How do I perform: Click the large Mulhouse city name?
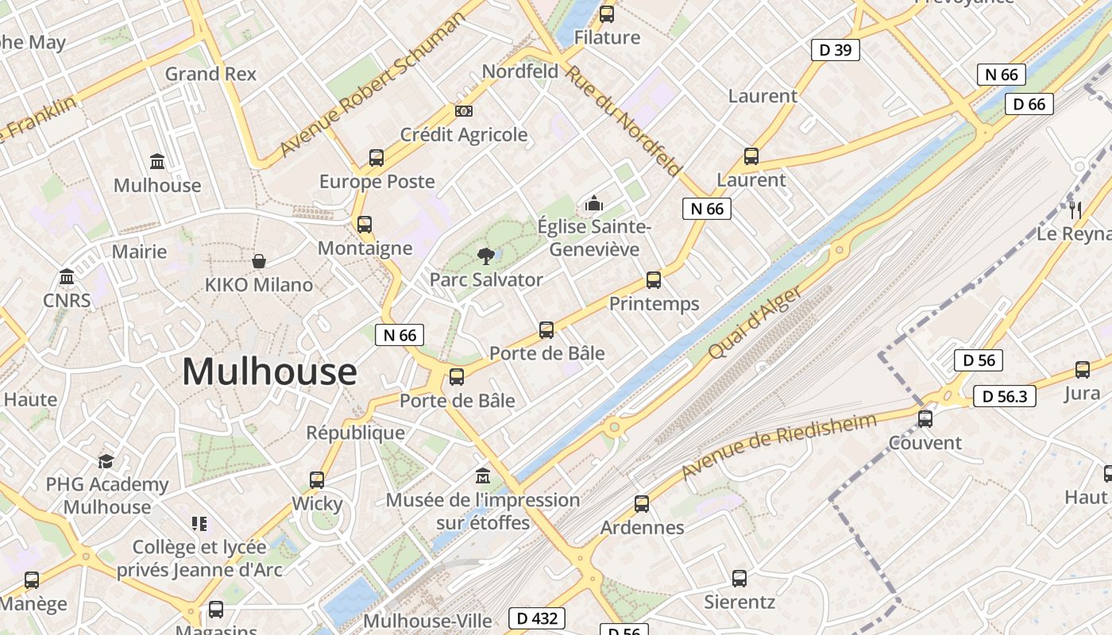point(269,371)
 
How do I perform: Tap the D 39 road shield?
point(835,50)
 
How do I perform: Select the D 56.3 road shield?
point(1004,396)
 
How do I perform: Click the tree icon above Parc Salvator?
point(485,256)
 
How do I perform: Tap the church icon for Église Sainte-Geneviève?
point(594,204)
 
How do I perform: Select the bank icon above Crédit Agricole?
point(463,111)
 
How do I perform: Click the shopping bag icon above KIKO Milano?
point(259,261)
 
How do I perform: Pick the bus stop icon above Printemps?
point(654,280)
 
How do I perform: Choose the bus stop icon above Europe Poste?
point(376,158)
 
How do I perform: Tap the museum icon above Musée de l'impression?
point(483,476)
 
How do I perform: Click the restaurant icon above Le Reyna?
point(1075,210)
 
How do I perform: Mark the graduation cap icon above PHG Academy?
point(106,461)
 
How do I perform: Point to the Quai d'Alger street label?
point(755,322)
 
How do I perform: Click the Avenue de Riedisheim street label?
point(778,446)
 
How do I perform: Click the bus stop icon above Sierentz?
point(739,579)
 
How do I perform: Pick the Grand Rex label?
point(210,74)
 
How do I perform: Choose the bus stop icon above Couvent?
point(925,419)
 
